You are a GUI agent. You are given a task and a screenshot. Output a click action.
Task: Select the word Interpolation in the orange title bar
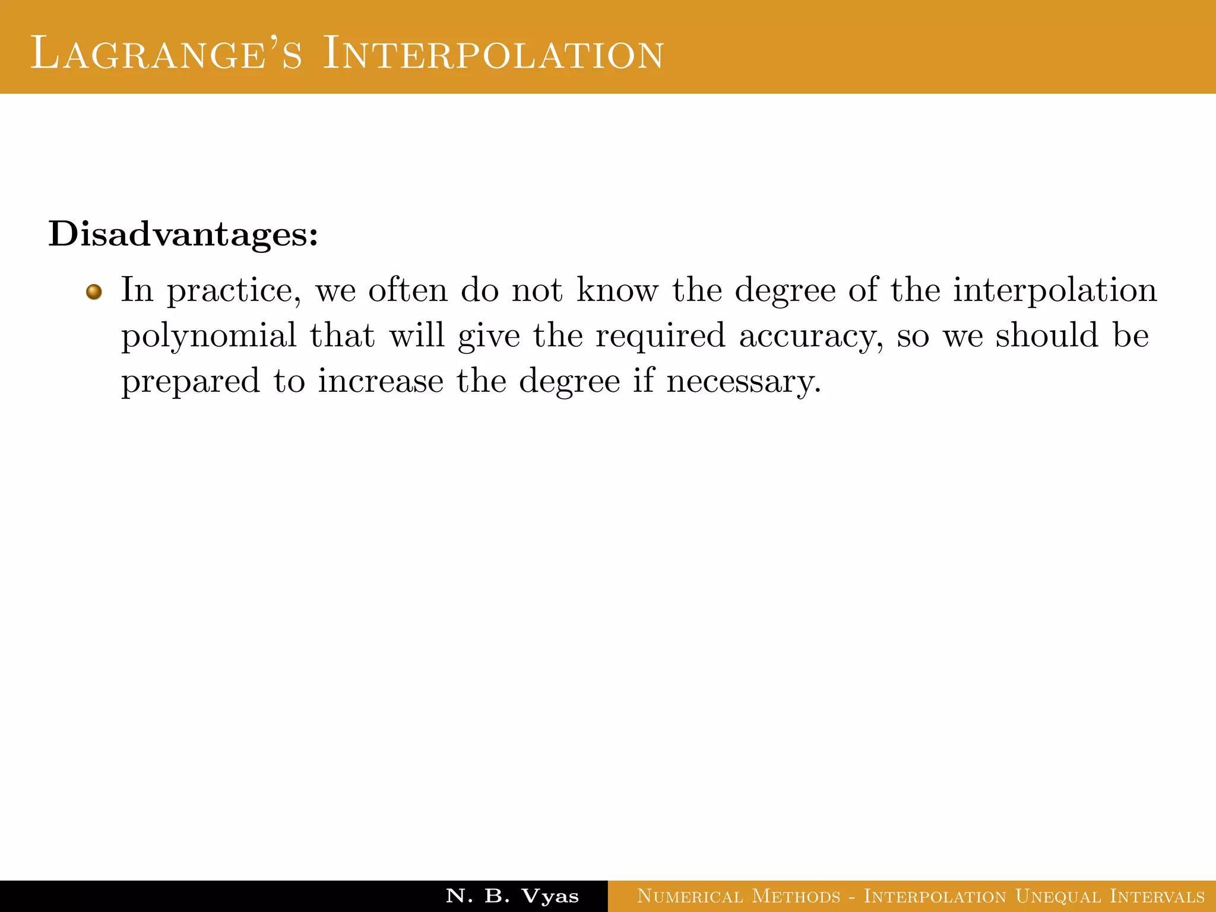pyautogui.click(x=493, y=53)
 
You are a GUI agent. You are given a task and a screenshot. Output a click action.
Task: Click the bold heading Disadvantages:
pyautogui.click(x=183, y=235)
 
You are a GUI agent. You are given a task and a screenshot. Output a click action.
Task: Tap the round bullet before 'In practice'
pyautogui.click(x=94, y=292)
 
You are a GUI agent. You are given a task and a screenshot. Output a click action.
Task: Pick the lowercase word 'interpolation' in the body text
pyautogui.click(x=1055, y=291)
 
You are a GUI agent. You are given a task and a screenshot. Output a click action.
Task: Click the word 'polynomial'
pyautogui.click(x=208, y=336)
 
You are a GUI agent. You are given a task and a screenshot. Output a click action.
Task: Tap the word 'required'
pyautogui.click(x=660, y=336)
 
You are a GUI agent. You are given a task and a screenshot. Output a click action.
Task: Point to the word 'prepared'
pyautogui.click(x=191, y=381)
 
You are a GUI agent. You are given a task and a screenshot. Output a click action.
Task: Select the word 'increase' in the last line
pyautogui.click(x=381, y=381)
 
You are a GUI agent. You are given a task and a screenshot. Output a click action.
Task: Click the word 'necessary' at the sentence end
pyautogui.click(x=743, y=381)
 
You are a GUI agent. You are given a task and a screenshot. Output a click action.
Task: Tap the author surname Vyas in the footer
pyautogui.click(x=550, y=896)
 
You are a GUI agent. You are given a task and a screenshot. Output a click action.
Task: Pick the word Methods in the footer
pyautogui.click(x=796, y=896)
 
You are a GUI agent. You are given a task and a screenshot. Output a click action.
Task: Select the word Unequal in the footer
pyautogui.click(x=1056, y=896)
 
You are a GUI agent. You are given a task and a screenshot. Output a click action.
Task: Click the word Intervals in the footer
pyautogui.click(x=1157, y=896)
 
